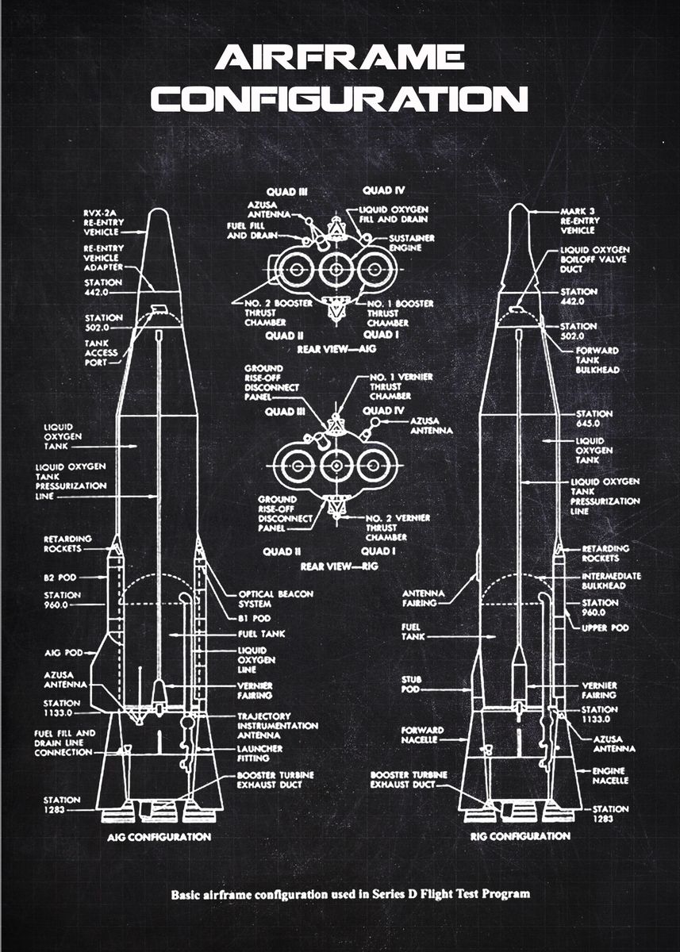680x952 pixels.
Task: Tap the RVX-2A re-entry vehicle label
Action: click(101, 222)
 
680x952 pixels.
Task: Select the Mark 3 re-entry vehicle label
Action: click(578, 220)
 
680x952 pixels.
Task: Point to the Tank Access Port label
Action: click(102, 353)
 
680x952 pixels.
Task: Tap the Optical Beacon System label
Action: click(275, 598)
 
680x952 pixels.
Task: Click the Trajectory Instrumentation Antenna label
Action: click(277, 725)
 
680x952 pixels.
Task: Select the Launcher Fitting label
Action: click(259, 753)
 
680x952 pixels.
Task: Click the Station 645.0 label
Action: click(594, 418)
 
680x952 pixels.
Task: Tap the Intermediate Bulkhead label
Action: click(611, 581)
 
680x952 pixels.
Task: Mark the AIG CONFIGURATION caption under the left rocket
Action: click(159, 837)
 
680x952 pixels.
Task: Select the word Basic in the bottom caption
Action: click(188, 894)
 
